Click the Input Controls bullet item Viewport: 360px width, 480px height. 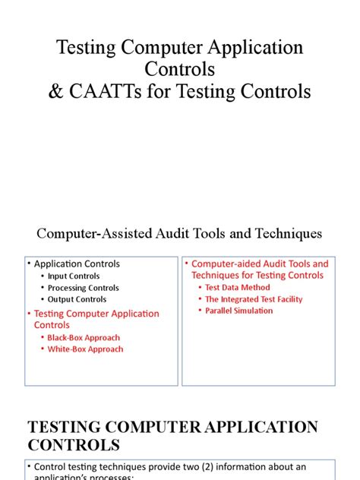[x=74, y=276]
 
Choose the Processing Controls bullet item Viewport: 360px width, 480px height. [x=83, y=288]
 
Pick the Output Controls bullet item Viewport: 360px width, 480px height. [x=77, y=299]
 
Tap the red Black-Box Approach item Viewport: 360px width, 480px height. [x=84, y=337]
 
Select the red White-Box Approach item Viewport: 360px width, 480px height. [x=85, y=349]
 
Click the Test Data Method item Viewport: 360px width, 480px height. [x=239, y=288]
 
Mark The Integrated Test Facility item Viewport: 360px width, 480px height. [x=254, y=299]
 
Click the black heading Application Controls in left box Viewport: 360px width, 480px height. [x=77, y=264]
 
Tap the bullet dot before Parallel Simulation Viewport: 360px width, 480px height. [x=200, y=311]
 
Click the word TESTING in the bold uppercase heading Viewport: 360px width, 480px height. [x=62, y=427]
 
